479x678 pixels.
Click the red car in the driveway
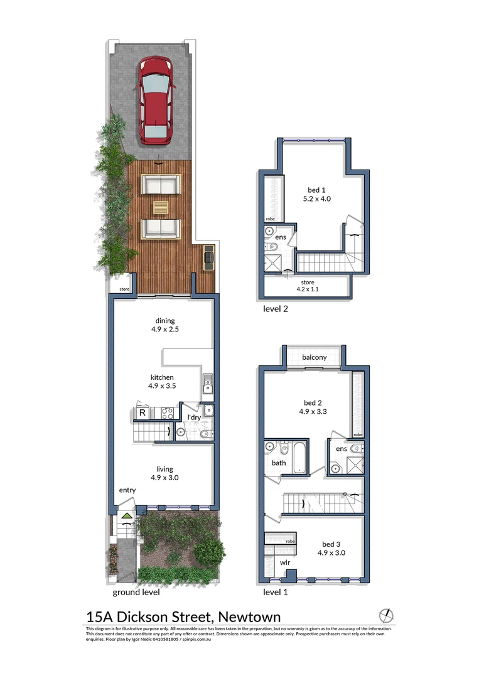[155, 100]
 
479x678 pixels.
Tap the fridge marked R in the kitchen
[143, 413]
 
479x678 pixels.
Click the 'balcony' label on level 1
[315, 357]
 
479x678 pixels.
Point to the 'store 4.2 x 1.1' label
[308, 286]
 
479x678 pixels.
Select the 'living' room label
[165, 469]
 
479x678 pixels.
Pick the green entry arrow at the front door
[127, 517]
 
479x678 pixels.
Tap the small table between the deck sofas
[161, 207]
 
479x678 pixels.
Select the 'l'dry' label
[194, 418]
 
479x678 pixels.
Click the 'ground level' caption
[136, 592]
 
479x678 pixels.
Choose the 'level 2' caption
[276, 309]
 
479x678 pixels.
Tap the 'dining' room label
[165, 321]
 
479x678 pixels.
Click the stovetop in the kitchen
[167, 413]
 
